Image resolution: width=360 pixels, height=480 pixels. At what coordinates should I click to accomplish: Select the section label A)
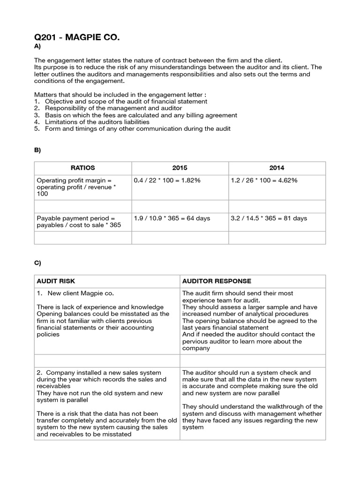pos(37,47)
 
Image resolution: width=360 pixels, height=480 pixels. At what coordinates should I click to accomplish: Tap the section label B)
pos(37,150)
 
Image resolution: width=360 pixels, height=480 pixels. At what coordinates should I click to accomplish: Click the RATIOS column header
pos(82,168)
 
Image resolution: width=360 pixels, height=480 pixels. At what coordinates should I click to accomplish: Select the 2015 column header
pos(180,168)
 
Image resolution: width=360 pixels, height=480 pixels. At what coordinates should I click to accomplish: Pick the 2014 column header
pos(277,168)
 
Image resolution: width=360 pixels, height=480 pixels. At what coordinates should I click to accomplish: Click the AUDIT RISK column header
pos(56,281)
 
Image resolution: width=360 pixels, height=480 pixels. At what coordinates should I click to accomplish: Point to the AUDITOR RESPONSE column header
pos(217,281)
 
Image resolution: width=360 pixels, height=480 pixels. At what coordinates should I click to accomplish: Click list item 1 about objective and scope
pos(121,101)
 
